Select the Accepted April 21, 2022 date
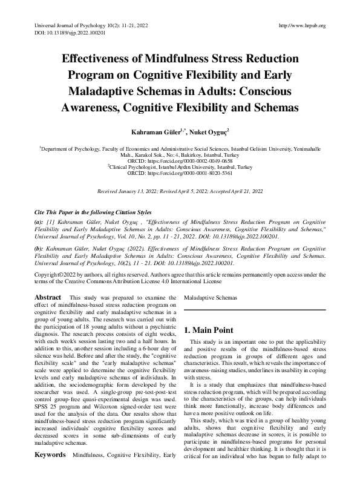[x=234, y=191]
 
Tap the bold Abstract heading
[x=48, y=298]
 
